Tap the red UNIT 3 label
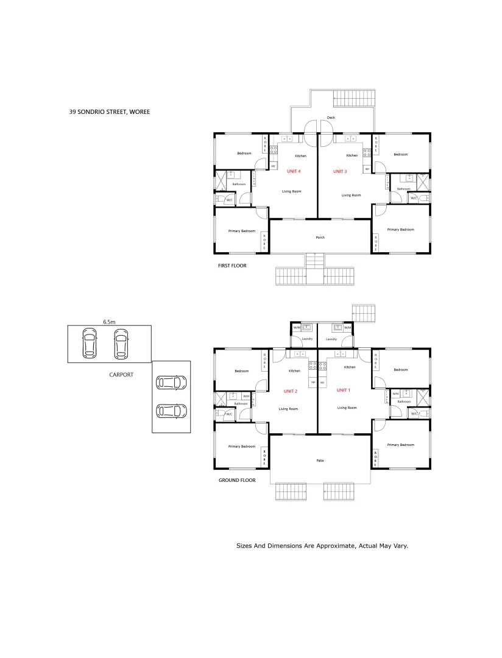tap(340, 172)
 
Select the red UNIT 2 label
tap(291, 391)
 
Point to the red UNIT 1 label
tap(344, 390)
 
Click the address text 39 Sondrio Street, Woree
tap(110, 112)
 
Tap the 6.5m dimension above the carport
tap(109, 321)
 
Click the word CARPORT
tap(121, 375)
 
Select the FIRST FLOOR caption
tap(232, 266)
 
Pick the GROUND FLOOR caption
tap(237, 480)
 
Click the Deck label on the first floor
tap(331, 118)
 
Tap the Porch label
tap(320, 238)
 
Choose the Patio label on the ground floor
tap(320, 461)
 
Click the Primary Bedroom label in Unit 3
tap(401, 230)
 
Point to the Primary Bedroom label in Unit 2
tap(242, 447)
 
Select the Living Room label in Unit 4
tap(292, 191)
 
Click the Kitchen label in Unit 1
tap(350, 367)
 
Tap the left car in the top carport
tap(89, 344)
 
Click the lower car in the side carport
tap(171, 411)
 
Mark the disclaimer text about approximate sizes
tap(322, 546)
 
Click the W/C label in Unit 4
tap(230, 200)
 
